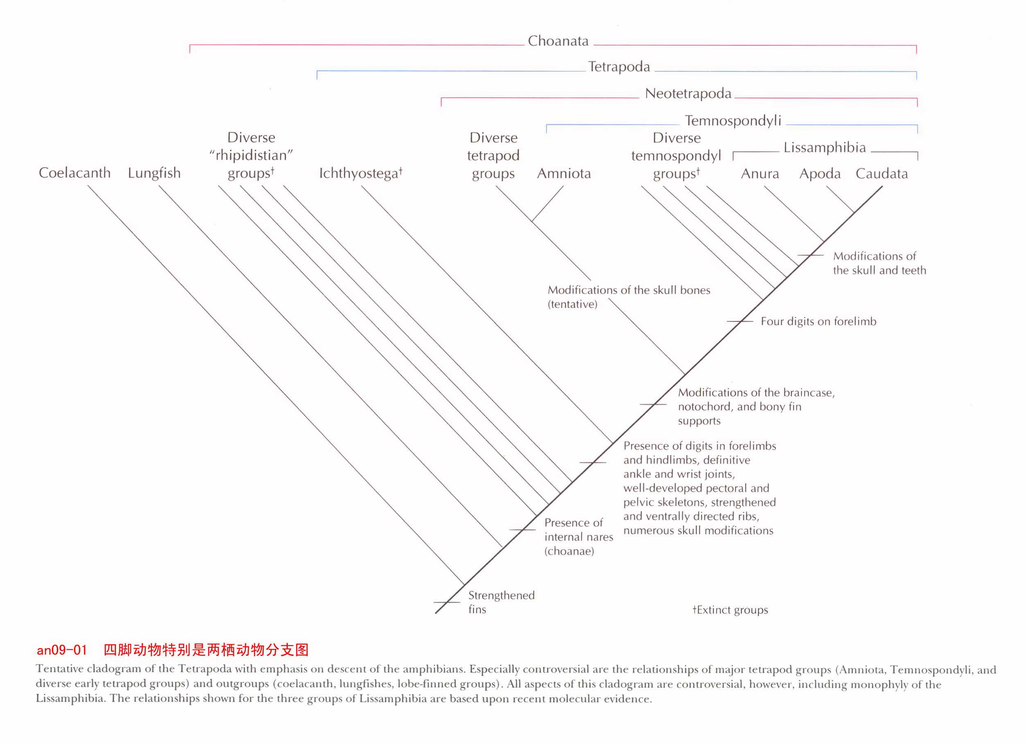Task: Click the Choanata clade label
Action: click(558, 41)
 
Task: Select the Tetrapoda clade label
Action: click(619, 67)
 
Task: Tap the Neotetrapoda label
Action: click(688, 94)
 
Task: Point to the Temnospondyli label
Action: click(733, 121)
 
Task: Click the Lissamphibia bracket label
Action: click(825, 147)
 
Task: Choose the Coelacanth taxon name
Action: click(75, 173)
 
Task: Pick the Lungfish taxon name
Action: click(154, 173)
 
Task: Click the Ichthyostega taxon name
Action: click(361, 173)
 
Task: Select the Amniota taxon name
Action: click(564, 173)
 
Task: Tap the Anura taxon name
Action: click(760, 173)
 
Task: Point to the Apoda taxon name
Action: click(820, 174)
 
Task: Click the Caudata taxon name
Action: click(882, 173)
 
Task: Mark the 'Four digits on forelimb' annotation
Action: click(818, 321)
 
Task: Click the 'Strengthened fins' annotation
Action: click(501, 602)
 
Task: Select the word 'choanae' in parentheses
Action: click(569, 551)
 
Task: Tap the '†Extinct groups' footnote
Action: click(730, 610)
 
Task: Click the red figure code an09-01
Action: click(61, 650)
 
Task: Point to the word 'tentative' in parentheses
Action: click(572, 304)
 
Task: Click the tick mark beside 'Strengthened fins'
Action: click(447, 602)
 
